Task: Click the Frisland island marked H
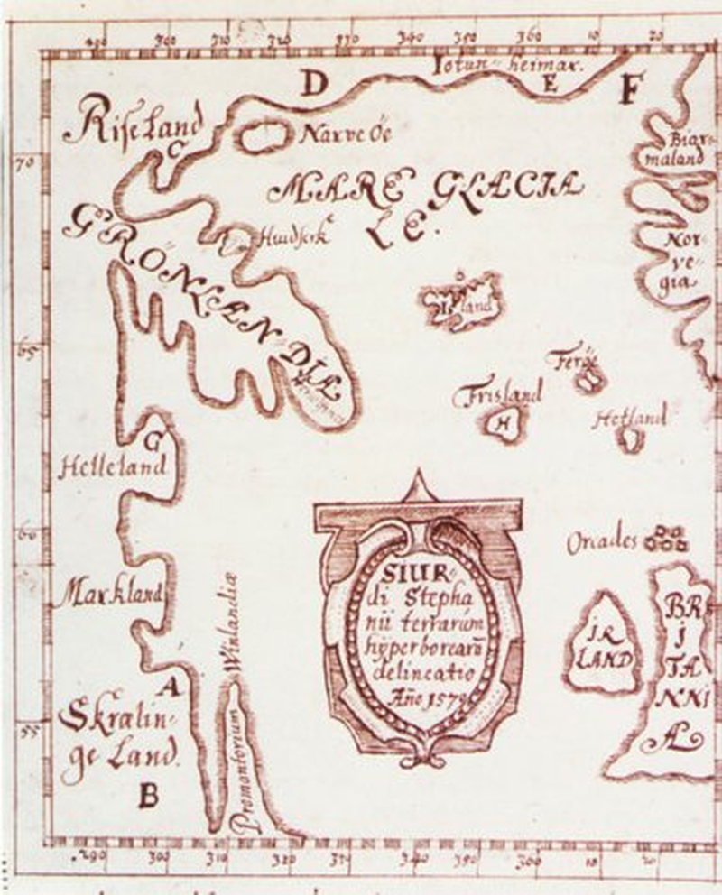click(x=503, y=420)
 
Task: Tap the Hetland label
click(x=630, y=418)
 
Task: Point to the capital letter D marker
click(x=313, y=86)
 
